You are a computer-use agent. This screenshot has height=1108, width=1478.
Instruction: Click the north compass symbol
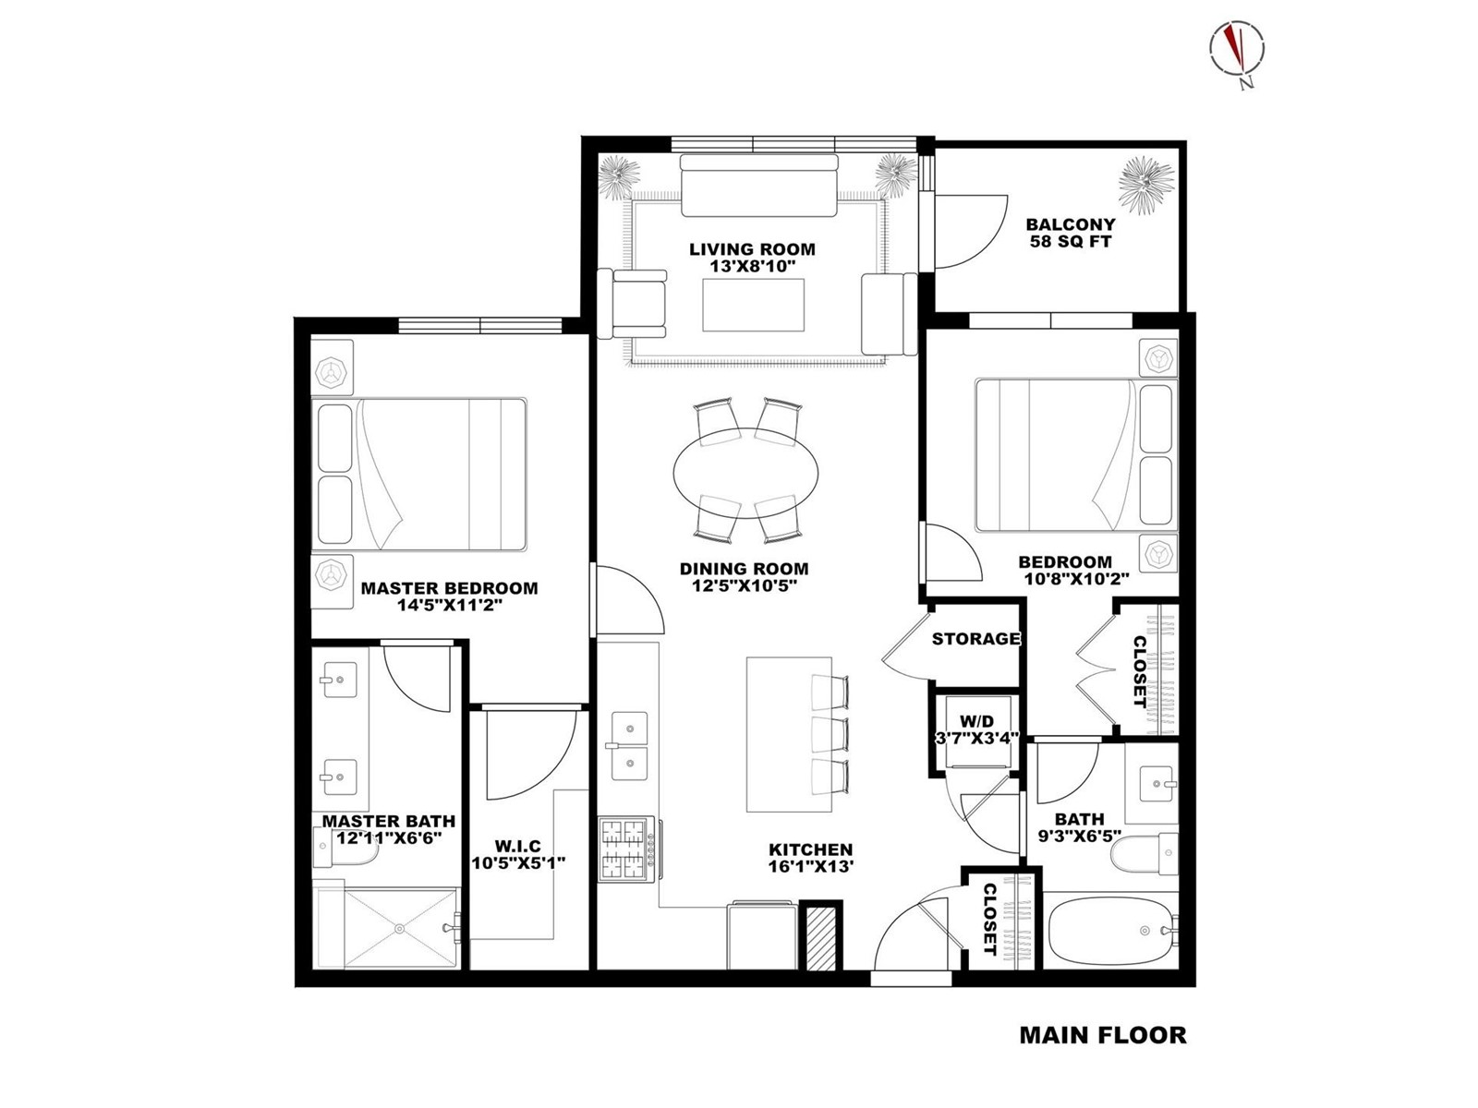(1237, 55)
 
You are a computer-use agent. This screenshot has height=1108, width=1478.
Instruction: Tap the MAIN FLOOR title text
(1103, 1035)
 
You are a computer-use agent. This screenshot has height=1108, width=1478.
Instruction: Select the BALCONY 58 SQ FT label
(1070, 233)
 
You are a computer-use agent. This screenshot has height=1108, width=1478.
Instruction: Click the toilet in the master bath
(345, 850)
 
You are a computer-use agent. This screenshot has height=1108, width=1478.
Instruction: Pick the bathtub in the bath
(1110, 931)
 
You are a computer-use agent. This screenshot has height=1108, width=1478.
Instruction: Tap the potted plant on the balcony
(1146, 185)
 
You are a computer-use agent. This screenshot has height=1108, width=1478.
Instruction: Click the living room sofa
(759, 185)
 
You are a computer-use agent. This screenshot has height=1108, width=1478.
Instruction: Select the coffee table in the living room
(754, 305)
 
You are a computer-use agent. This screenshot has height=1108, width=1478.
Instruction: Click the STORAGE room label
(975, 638)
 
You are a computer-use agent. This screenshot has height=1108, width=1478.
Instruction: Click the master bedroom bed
(418, 475)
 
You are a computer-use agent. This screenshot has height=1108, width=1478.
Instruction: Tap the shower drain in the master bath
(399, 928)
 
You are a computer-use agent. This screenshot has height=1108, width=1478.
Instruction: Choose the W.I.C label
(517, 847)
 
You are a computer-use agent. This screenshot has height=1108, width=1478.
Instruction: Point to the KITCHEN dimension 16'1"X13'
(811, 867)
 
